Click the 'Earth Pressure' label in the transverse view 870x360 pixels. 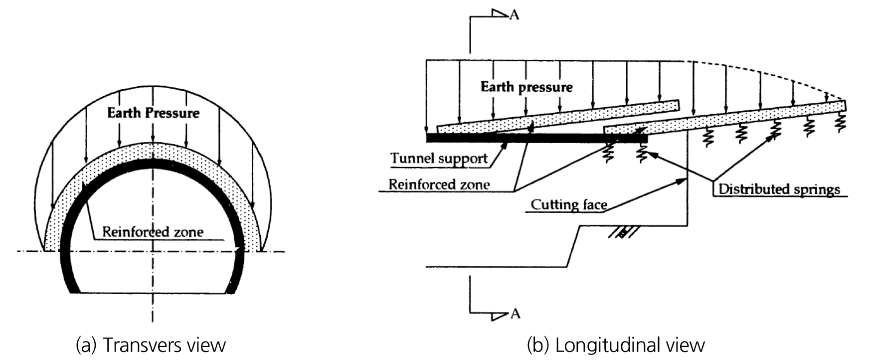pyautogui.click(x=153, y=113)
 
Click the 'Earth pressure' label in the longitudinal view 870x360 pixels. pyautogui.click(x=526, y=87)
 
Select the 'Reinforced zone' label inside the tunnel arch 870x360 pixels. pyautogui.click(x=153, y=232)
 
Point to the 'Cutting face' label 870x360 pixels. pyautogui.click(x=569, y=204)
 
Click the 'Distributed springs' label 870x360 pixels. pyautogui.click(x=779, y=189)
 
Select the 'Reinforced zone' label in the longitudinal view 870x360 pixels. pyautogui.click(x=439, y=184)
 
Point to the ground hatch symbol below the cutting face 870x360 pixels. pyautogui.click(x=621, y=232)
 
